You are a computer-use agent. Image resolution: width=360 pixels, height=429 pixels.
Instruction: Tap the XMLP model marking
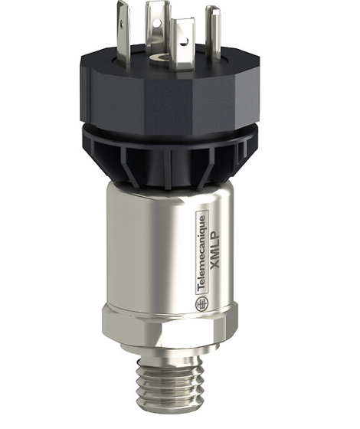216,251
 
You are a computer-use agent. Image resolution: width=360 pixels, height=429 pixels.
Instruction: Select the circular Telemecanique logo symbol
201,304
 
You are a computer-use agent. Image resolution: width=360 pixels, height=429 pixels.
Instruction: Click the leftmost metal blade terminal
123,33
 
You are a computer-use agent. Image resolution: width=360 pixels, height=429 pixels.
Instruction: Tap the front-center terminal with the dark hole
182,46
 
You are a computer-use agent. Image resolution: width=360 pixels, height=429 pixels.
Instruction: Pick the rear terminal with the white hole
158,28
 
